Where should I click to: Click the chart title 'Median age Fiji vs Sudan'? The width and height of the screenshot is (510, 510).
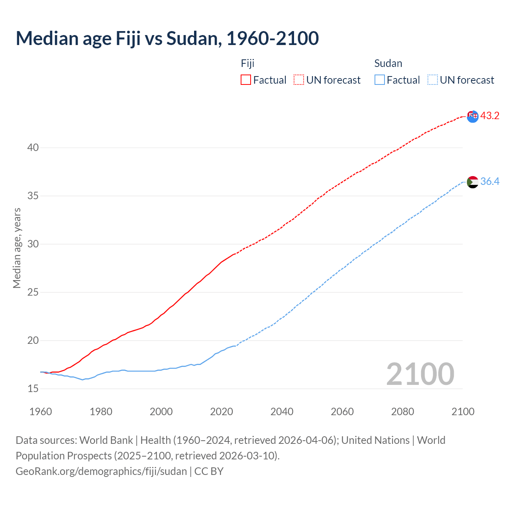[x=167, y=38]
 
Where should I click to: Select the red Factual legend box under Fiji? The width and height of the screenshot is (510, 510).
[x=246, y=80]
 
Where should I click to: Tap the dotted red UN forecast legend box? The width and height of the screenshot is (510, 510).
[x=299, y=80]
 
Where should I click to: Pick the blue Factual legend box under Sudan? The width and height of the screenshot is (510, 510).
[x=380, y=80]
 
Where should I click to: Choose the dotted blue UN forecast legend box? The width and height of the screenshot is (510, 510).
[x=433, y=80]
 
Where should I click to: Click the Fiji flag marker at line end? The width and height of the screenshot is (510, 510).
[x=473, y=116]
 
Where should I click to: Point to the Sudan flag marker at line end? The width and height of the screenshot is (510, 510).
[x=473, y=182]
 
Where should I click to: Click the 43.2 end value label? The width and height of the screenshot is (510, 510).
[x=490, y=116]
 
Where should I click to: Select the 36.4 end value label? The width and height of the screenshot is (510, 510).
[x=490, y=182]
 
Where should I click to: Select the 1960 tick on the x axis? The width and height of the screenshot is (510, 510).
[x=41, y=412]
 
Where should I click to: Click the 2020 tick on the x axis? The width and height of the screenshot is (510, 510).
[x=222, y=412]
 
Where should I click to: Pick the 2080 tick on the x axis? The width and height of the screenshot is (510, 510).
[x=402, y=412]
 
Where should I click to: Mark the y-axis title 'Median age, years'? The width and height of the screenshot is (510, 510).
[x=17, y=248]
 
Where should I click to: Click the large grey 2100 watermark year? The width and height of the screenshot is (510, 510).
[x=420, y=374]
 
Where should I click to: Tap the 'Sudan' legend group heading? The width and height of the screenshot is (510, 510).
[x=388, y=63]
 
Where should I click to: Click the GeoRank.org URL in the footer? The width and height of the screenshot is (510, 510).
[x=101, y=471]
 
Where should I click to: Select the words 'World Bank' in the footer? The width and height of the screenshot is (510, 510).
[x=106, y=440]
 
